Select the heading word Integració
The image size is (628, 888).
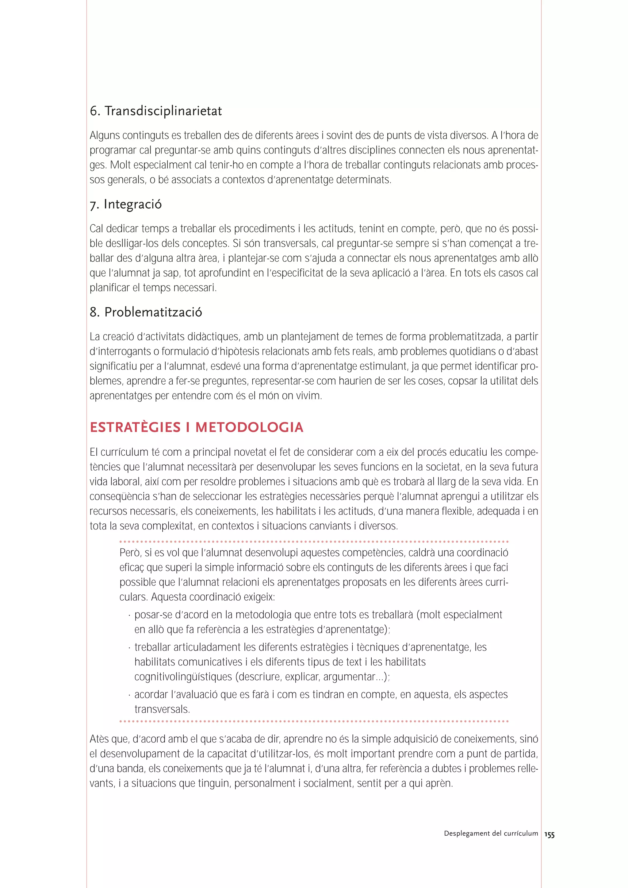click(133, 204)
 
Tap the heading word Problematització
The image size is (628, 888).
click(153, 312)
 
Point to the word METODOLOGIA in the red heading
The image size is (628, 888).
click(249, 428)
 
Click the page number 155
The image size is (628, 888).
click(549, 835)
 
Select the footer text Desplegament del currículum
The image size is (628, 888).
click(491, 833)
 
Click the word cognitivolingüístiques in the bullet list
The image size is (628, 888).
click(183, 677)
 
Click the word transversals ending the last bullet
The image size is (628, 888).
click(162, 710)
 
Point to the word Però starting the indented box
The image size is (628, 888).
click(130, 553)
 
